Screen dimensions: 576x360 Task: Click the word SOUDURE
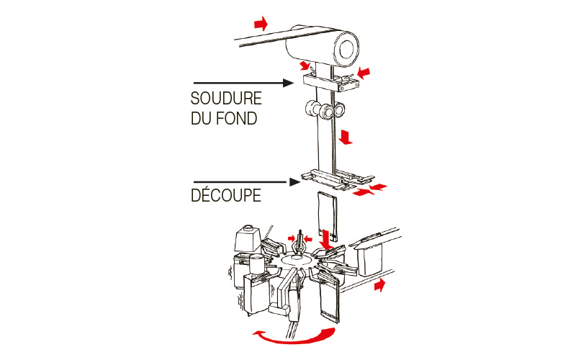coord(226,99)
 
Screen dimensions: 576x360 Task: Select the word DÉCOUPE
coord(226,194)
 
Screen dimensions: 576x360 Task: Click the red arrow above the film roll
coord(261,24)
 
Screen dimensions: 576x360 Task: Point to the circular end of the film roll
coord(346,49)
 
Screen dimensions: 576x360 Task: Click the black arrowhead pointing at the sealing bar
coord(289,83)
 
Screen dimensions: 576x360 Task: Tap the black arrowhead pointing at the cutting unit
coord(294,182)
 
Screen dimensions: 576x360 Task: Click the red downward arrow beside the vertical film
coord(346,137)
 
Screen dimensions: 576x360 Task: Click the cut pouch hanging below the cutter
coord(328,215)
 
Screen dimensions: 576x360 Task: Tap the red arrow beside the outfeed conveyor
coord(380,284)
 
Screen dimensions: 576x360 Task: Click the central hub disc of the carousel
coord(296,261)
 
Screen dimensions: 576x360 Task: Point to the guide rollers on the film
coord(325,110)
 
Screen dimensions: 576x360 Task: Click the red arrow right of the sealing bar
coord(364,73)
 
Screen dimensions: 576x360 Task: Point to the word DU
coord(201,119)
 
